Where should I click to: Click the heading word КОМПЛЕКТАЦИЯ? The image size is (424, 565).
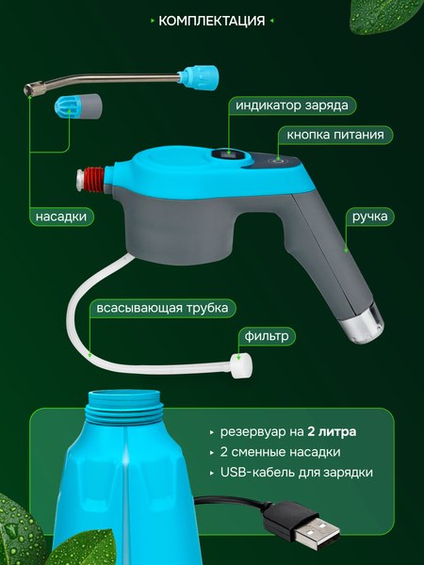211,20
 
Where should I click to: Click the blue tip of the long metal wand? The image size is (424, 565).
200,72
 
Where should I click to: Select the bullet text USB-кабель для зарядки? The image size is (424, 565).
296,473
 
